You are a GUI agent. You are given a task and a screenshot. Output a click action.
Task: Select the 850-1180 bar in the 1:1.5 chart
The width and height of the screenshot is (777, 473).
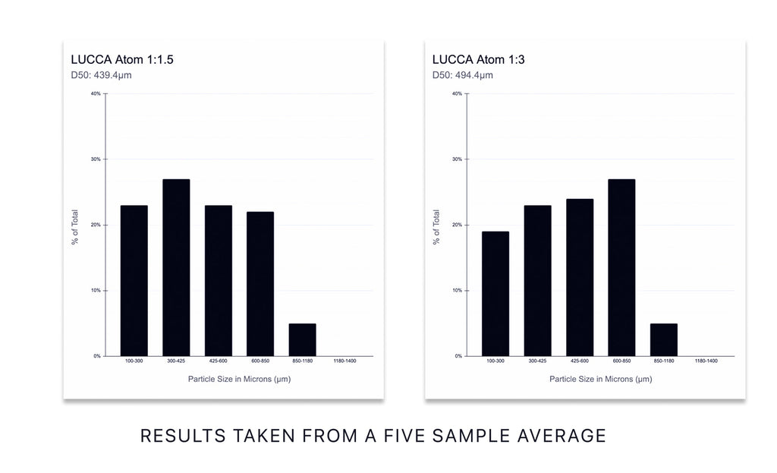(x=302, y=339)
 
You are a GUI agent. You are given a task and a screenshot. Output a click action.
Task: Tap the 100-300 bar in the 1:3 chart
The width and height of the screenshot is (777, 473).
(x=495, y=293)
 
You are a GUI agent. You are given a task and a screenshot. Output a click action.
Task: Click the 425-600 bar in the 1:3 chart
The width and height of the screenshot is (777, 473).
(x=580, y=277)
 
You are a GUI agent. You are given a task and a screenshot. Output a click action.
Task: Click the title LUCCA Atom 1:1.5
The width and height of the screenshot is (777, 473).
(x=122, y=59)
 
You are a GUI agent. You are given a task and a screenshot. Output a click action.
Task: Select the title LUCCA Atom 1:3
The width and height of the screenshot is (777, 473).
(x=478, y=59)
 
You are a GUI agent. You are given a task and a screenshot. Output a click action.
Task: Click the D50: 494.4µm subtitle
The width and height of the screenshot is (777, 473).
(x=463, y=75)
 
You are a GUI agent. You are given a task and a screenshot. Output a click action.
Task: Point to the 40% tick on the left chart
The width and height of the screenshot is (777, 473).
(x=96, y=94)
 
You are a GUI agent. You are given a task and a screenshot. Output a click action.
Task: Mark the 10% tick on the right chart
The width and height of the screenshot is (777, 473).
(x=457, y=291)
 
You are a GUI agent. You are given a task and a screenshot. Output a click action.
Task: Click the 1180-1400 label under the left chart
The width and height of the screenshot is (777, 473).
(x=344, y=361)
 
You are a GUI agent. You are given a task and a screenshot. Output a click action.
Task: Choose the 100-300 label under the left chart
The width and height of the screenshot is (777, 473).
(x=134, y=361)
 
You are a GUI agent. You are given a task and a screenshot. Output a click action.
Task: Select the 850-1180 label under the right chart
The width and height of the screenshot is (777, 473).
(x=664, y=361)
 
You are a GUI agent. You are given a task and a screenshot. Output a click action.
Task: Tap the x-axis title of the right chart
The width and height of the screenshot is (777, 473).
(x=600, y=378)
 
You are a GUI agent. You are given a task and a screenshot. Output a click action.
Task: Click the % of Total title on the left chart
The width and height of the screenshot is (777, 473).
(x=75, y=225)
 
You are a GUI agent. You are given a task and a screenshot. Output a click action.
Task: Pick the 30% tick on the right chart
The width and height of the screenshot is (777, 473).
(x=457, y=159)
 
